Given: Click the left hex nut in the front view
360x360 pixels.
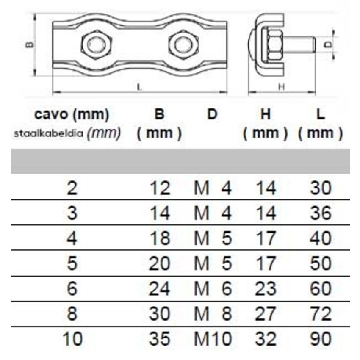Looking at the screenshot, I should pos(96,45).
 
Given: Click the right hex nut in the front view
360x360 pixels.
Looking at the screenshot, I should pos(183,45).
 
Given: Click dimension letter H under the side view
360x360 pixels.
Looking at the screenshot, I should pos(281,87).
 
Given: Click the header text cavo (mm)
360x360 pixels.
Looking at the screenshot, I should pos(72,114).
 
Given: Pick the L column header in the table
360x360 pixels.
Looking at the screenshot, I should pos(320,114).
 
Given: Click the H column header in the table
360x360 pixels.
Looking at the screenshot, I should pos(266,114).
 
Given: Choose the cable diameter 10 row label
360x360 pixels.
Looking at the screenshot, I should pos(72,339).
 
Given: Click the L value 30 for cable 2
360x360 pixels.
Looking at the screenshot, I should pos(320,188).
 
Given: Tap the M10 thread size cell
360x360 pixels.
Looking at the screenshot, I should pos(213,339).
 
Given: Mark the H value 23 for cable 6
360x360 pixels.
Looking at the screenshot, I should pos(266,289).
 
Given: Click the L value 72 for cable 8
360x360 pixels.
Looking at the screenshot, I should pos(320,314).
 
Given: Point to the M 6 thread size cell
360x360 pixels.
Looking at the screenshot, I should pos(213,289).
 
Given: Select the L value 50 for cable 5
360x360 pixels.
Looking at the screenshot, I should pos(320,263).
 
